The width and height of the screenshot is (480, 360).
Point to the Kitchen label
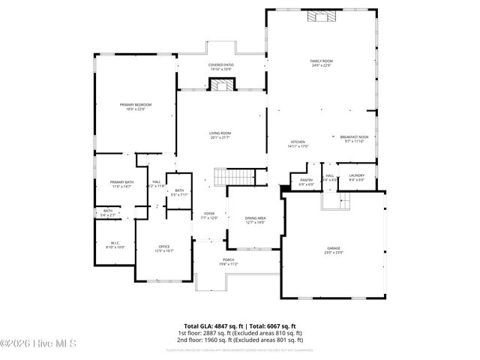point(298,143)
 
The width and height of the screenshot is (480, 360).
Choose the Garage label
point(333,250)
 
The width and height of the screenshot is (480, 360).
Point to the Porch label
point(228,262)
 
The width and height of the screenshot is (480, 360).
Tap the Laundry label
point(356,178)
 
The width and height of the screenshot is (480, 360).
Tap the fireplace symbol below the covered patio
point(220,85)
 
